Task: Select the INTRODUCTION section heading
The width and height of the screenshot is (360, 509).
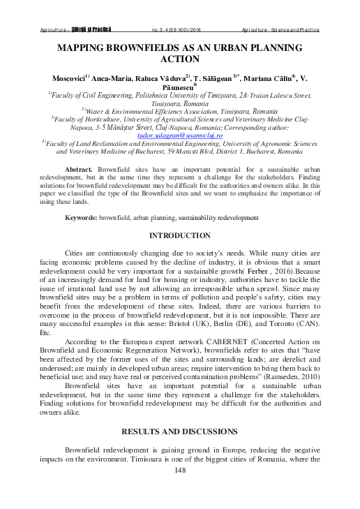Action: pos(181,236)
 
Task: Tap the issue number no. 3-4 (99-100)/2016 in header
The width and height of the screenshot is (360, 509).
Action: pos(180,31)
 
